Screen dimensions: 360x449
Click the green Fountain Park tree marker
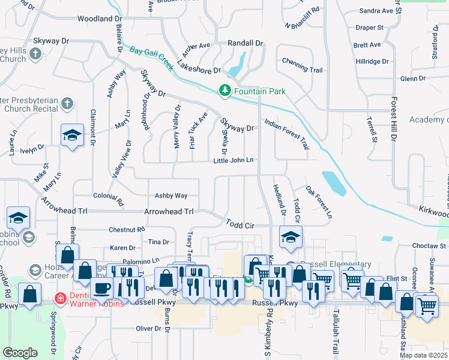(x=225, y=91)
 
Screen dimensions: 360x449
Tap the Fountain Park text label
(x=259, y=91)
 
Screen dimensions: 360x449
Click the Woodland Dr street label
(x=100, y=19)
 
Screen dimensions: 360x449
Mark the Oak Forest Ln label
(x=319, y=203)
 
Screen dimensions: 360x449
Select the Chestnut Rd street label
(x=127, y=230)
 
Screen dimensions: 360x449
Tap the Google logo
(x=20, y=352)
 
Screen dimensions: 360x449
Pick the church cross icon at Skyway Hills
(x=35, y=55)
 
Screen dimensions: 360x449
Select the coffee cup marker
(x=101, y=286)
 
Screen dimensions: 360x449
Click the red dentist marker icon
(x=60, y=298)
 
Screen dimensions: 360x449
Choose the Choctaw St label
(x=430, y=246)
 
